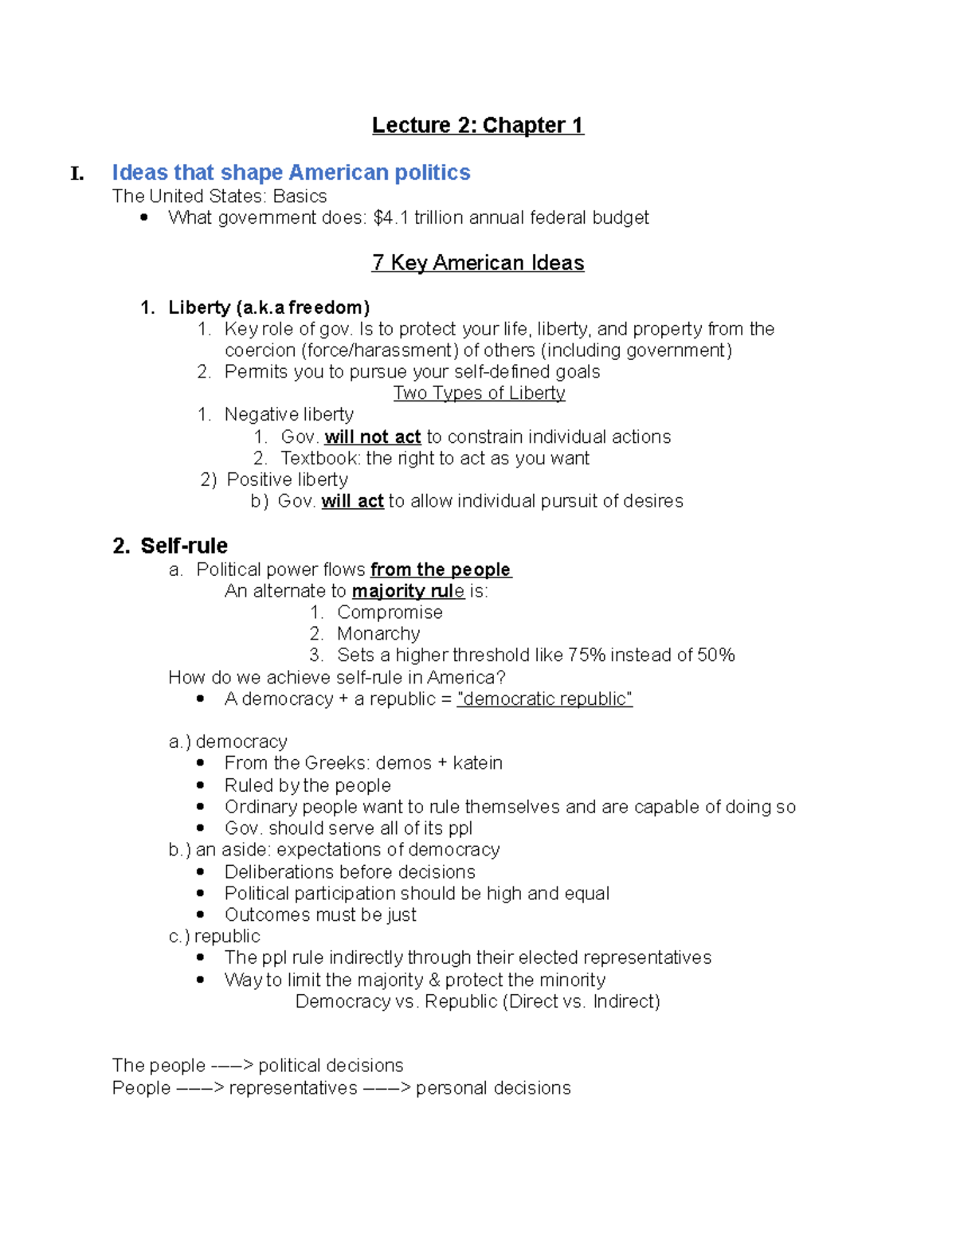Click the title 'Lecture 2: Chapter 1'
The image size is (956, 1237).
[478, 126]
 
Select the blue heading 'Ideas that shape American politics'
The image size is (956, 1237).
[291, 173]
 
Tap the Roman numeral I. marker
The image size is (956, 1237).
[77, 174]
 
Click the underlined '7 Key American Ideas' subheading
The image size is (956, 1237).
[478, 263]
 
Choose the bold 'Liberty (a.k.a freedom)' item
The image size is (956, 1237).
[268, 307]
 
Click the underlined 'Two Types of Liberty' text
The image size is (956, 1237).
[479, 393]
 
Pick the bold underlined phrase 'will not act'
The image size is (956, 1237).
[372, 437]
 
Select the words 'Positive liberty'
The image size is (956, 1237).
[288, 480]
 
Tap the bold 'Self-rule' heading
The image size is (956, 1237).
[184, 546]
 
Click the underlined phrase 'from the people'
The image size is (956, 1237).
[441, 570]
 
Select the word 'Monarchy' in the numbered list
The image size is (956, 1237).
[378, 634]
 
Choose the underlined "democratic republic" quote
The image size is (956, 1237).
[544, 699]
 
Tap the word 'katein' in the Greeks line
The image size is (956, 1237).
[477, 763]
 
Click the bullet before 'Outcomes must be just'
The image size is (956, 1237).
[200, 915]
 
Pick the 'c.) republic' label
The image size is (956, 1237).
[214, 937]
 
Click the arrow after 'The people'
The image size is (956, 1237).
[232, 1066]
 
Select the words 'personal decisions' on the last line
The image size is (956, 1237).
[493, 1088]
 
